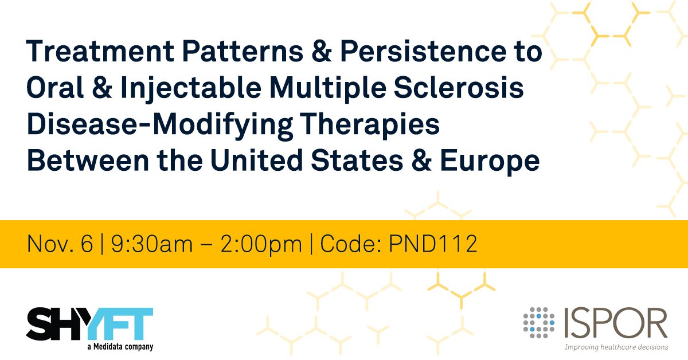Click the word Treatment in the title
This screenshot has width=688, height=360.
pos(95,53)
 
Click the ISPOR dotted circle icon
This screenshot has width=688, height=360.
pos(538,322)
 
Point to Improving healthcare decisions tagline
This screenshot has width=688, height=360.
pos(616,347)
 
